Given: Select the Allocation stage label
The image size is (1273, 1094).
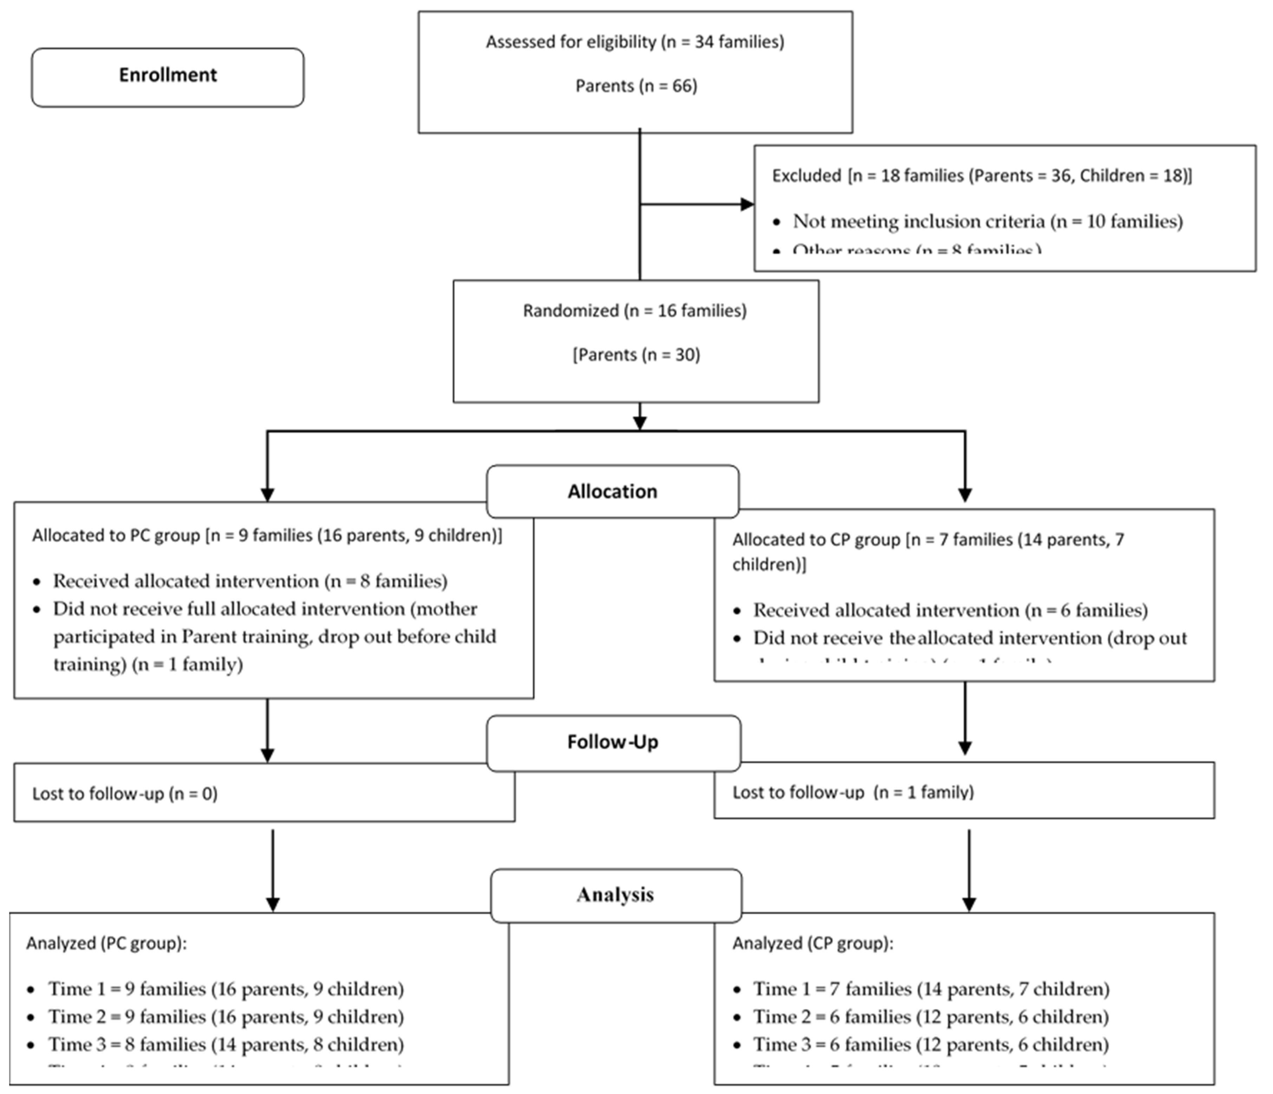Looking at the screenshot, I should click(x=612, y=491).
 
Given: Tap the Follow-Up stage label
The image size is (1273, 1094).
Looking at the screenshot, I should click(x=612, y=742).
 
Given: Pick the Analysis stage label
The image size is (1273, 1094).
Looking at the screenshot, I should click(x=615, y=895).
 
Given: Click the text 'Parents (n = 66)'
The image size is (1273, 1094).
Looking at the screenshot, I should click(x=636, y=86).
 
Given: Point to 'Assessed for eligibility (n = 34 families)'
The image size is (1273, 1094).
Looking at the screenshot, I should click(x=635, y=42).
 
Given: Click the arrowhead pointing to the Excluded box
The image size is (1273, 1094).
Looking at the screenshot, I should click(x=746, y=204).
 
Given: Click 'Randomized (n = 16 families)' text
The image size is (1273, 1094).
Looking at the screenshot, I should click(x=635, y=311).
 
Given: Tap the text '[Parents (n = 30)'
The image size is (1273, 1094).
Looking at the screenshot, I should click(x=636, y=355).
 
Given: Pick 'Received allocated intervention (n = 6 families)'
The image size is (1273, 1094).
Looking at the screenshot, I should click(x=950, y=610).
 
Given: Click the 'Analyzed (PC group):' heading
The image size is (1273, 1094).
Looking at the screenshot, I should click(x=106, y=943).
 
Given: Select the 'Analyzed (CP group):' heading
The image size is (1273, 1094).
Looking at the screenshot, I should click(x=812, y=943).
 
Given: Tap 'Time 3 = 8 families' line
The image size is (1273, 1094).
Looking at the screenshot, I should click(x=226, y=1045).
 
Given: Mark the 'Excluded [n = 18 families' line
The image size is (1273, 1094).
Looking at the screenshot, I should click(x=981, y=176).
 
